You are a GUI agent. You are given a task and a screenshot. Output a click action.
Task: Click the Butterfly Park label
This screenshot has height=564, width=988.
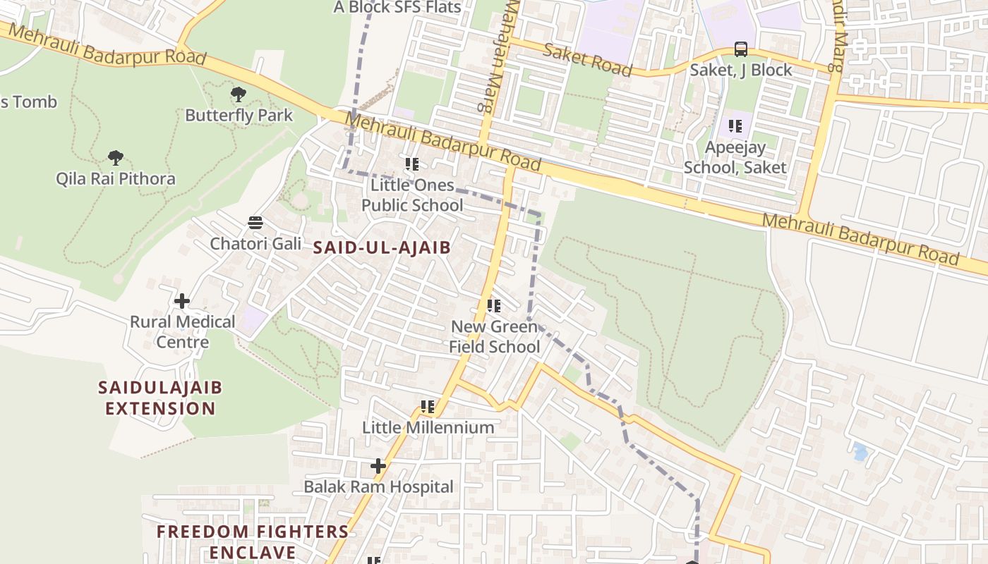pos(239,115)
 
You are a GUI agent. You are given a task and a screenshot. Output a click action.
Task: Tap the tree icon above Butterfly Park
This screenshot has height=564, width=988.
pos(239,94)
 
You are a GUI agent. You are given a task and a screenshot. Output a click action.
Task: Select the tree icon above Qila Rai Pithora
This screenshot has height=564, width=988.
pos(116,157)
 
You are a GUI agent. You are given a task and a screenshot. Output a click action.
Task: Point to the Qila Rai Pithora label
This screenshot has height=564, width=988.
pos(116,178)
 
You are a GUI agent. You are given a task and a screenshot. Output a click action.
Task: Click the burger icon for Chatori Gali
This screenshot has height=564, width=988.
pos(255,223)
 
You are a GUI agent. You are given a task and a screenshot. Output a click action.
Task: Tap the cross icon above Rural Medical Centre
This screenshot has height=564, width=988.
pos(182,301)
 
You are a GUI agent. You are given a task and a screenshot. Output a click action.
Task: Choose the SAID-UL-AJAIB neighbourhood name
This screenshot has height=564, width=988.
pos(382,247)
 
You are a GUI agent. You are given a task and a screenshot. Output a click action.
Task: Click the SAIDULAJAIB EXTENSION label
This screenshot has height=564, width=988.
pos(160,398)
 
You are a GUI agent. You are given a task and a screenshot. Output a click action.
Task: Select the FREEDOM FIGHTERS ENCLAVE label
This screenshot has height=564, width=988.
pos(252,541)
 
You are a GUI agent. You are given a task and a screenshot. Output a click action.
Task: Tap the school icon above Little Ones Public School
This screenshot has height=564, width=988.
pos(412,164)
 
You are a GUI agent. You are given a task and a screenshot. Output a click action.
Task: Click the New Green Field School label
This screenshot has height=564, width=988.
pos(495,336)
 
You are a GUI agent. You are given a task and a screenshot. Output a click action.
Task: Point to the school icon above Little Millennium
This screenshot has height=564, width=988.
pos(428,407)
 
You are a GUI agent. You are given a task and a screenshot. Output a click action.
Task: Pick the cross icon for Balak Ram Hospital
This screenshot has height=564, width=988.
pos(378,466)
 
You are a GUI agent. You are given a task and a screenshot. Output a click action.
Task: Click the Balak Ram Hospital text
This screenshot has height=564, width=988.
pos(378,486)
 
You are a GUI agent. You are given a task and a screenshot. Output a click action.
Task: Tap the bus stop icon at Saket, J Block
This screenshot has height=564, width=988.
pos(741,49)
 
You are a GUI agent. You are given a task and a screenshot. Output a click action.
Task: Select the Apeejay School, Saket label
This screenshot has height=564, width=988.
pos(735,157)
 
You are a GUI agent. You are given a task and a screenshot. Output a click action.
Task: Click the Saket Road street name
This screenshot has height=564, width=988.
pos(587,59)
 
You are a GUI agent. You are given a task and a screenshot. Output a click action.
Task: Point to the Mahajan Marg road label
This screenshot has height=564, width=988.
pos(495,56)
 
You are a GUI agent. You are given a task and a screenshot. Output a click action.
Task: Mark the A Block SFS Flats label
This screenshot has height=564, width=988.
pos(397,8)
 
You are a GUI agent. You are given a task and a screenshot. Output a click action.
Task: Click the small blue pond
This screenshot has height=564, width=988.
pos(860,451)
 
